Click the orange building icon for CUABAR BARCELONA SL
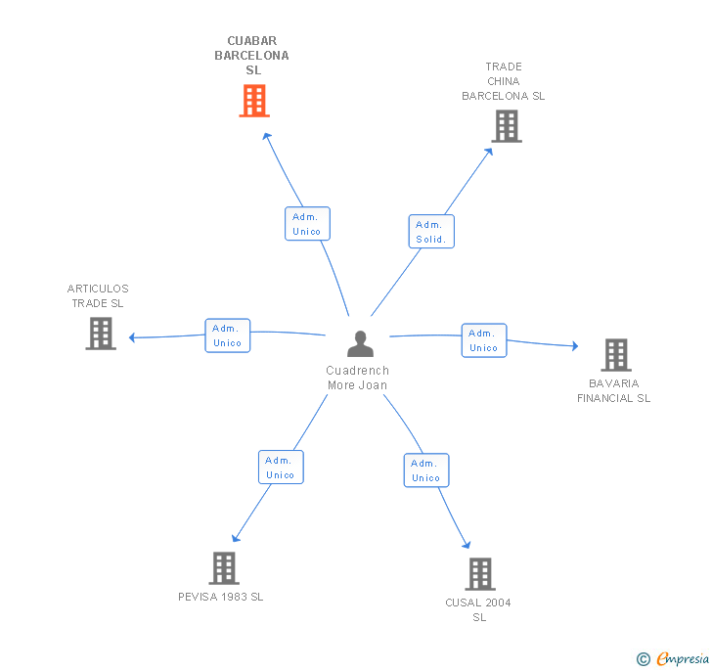point(254,101)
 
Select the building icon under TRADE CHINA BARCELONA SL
point(507,126)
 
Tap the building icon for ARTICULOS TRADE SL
point(101,334)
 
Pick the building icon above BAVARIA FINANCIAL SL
point(616,355)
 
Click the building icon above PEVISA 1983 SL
point(224,568)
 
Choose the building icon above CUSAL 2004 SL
point(480,574)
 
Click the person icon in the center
point(361,343)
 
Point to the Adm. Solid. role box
point(431,232)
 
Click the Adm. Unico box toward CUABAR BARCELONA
point(307,223)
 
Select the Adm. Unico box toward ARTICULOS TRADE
point(228,335)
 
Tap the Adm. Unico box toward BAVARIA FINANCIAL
point(484,340)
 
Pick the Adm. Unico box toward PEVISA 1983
point(281,467)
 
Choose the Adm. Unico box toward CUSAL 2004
point(426,470)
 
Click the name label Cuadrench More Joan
point(357,378)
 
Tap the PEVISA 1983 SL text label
point(221,597)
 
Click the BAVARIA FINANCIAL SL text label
point(614,390)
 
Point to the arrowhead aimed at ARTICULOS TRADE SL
point(132,337)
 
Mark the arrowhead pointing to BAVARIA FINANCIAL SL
point(575,345)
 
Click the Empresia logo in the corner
point(673,658)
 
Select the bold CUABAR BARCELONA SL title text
point(252,56)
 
